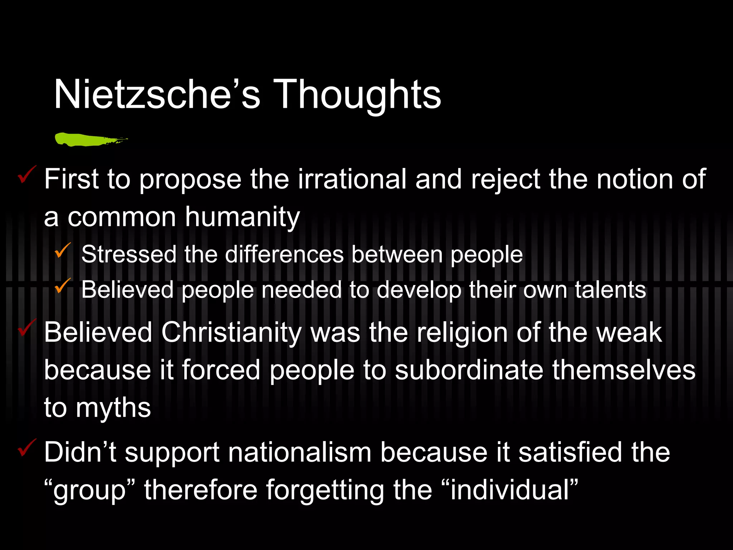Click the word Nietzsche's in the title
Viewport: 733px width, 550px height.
[157, 95]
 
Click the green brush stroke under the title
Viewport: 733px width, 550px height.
[89, 139]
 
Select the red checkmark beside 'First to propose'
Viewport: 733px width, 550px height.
[27, 174]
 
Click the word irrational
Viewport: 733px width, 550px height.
[352, 179]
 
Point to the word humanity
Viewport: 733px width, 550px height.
[242, 217]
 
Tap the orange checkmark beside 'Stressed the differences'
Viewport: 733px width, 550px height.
[63, 250]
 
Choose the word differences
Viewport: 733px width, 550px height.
[285, 255]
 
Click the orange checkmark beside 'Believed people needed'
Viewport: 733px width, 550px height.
[63, 285]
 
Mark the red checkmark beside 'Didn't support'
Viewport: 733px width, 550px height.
[27, 448]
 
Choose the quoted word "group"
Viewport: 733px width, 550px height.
[89, 490]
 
